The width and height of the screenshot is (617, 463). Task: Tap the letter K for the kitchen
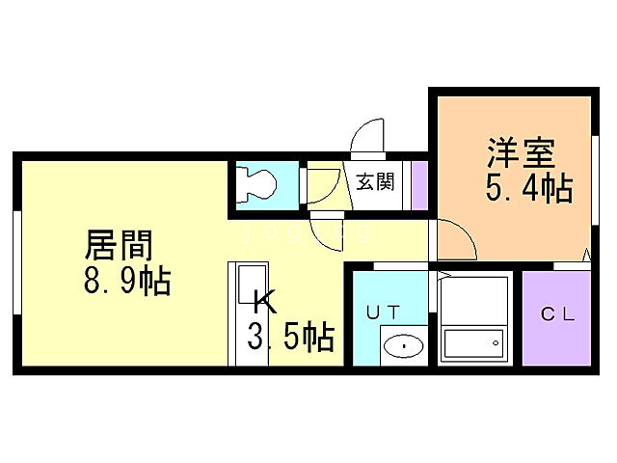click(x=263, y=302)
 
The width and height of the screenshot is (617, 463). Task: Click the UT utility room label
click(x=384, y=311)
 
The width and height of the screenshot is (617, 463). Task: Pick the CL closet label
click(x=557, y=313)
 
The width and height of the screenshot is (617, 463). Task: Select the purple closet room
click(x=556, y=317)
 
